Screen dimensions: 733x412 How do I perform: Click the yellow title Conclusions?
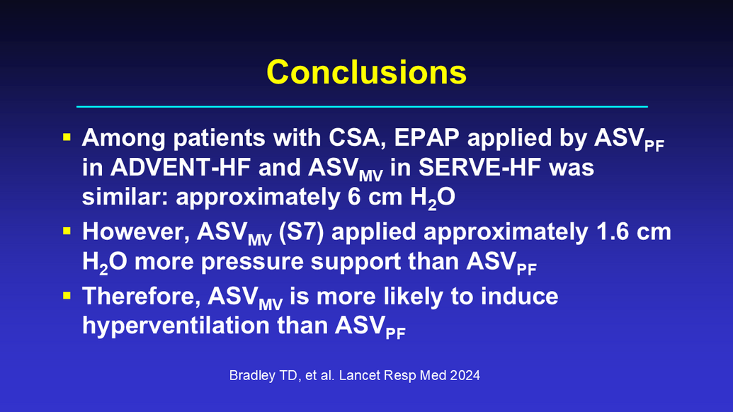(x=367, y=72)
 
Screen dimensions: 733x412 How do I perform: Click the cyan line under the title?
(x=362, y=106)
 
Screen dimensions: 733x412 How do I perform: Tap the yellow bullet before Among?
(x=67, y=137)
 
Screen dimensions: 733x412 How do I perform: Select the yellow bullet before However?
(x=67, y=231)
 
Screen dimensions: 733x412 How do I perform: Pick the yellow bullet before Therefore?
(x=67, y=295)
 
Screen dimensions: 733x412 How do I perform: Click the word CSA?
(x=358, y=138)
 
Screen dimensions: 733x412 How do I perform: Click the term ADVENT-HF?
(x=181, y=167)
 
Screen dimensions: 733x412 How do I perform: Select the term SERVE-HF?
(x=479, y=167)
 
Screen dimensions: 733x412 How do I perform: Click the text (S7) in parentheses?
(x=301, y=232)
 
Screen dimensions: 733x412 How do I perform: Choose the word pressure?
(x=252, y=262)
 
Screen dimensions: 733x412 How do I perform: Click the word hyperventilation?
(x=176, y=326)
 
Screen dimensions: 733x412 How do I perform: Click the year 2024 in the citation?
(x=465, y=376)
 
